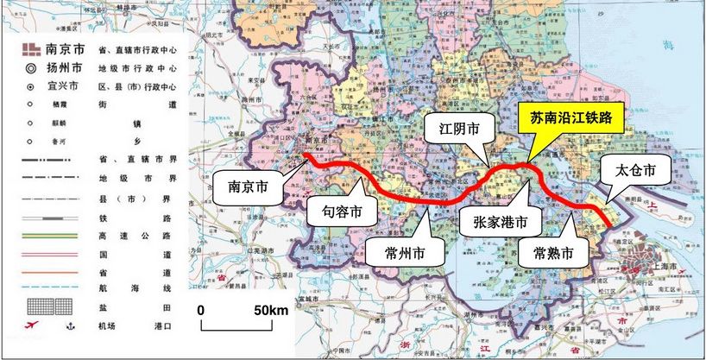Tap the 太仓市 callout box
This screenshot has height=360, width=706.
click(636, 172)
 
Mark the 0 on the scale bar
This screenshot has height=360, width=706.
click(199, 310)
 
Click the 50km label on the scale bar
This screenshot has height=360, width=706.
click(269, 310)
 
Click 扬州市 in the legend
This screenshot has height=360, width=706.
click(66, 66)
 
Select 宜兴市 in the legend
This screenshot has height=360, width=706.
click(66, 86)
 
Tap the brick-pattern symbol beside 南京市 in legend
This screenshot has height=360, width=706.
click(29, 47)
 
